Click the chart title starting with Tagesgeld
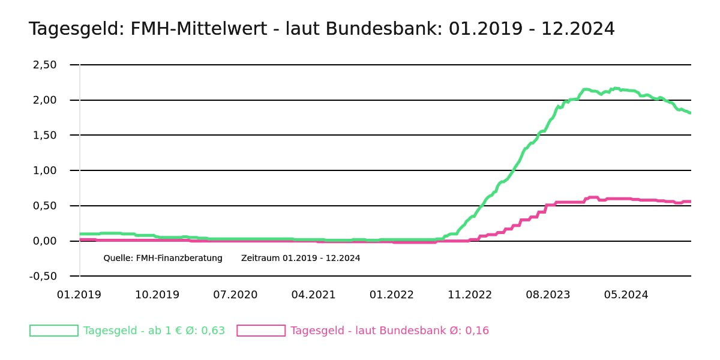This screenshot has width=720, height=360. click(x=322, y=29)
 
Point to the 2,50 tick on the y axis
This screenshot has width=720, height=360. click(x=44, y=65)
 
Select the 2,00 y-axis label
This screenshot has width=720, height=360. click(x=44, y=100)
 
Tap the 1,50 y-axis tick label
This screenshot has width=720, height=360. click(x=44, y=136)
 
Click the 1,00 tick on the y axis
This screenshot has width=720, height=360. click(x=44, y=171)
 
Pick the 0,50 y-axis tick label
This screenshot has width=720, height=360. click(x=44, y=206)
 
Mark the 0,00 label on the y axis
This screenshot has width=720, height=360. click(x=44, y=241)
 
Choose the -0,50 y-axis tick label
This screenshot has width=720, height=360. click(x=43, y=277)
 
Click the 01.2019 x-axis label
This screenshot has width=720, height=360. click(x=79, y=295)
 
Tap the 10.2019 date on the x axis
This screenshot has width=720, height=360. click(x=157, y=295)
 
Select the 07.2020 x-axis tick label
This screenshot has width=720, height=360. click(x=235, y=295)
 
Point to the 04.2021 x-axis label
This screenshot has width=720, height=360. click(x=313, y=295)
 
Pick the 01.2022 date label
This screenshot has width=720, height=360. click(x=391, y=295)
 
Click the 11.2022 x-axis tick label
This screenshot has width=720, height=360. click(x=470, y=295)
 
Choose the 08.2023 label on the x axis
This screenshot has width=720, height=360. click(x=548, y=295)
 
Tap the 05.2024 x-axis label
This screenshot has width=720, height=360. click(x=626, y=295)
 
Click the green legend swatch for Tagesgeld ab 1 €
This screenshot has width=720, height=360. click(x=54, y=331)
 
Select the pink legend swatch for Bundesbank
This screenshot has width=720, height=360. click(x=261, y=331)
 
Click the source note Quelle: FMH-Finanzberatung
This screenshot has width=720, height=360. click(x=163, y=259)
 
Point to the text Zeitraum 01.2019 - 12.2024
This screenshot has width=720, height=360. click(x=301, y=259)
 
